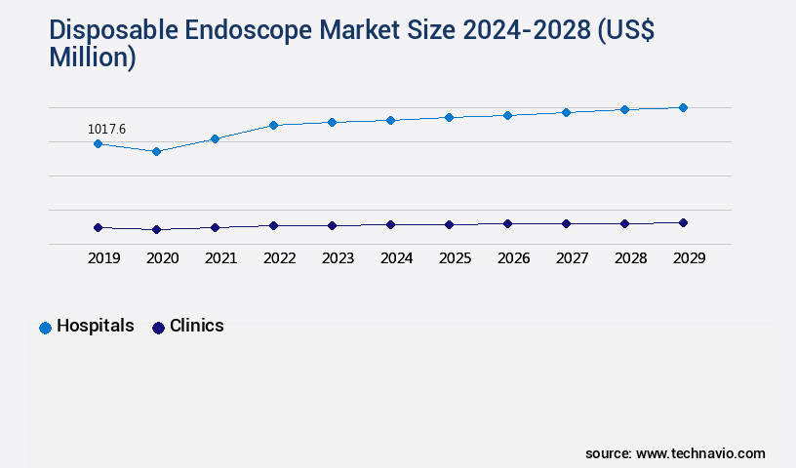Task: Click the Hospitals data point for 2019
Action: point(98,143)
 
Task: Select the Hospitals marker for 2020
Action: point(156,151)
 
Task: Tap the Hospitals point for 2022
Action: point(273,125)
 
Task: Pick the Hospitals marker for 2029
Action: point(683,107)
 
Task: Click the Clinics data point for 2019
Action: point(98,227)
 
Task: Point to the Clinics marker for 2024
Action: point(390,224)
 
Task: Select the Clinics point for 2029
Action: point(683,222)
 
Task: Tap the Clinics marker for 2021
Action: point(215,227)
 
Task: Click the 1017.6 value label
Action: point(106,129)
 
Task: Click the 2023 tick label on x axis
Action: point(338,258)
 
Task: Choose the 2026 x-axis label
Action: point(513,258)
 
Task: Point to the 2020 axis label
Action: point(162,258)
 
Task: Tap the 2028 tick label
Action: point(630,258)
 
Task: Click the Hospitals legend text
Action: point(96,327)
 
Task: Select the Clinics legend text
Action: point(197,327)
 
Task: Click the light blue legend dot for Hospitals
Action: point(45,328)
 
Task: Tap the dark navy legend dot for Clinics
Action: point(158,328)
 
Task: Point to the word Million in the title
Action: point(92,58)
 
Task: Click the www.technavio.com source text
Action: point(700,453)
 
